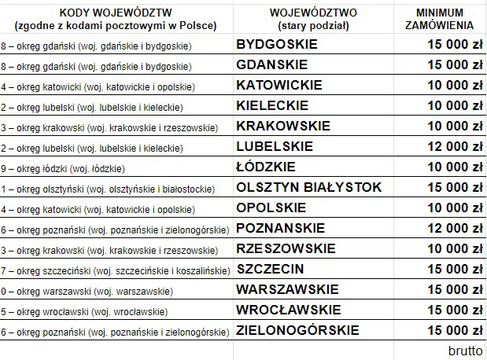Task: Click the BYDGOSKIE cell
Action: click(276, 45)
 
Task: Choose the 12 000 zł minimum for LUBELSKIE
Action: click(449, 146)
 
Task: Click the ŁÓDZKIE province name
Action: click(266, 167)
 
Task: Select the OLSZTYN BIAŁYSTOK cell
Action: click(309, 187)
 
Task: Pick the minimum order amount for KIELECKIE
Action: click(449, 106)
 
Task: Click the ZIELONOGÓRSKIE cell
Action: click(298, 330)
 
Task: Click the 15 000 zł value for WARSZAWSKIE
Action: click(449, 289)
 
